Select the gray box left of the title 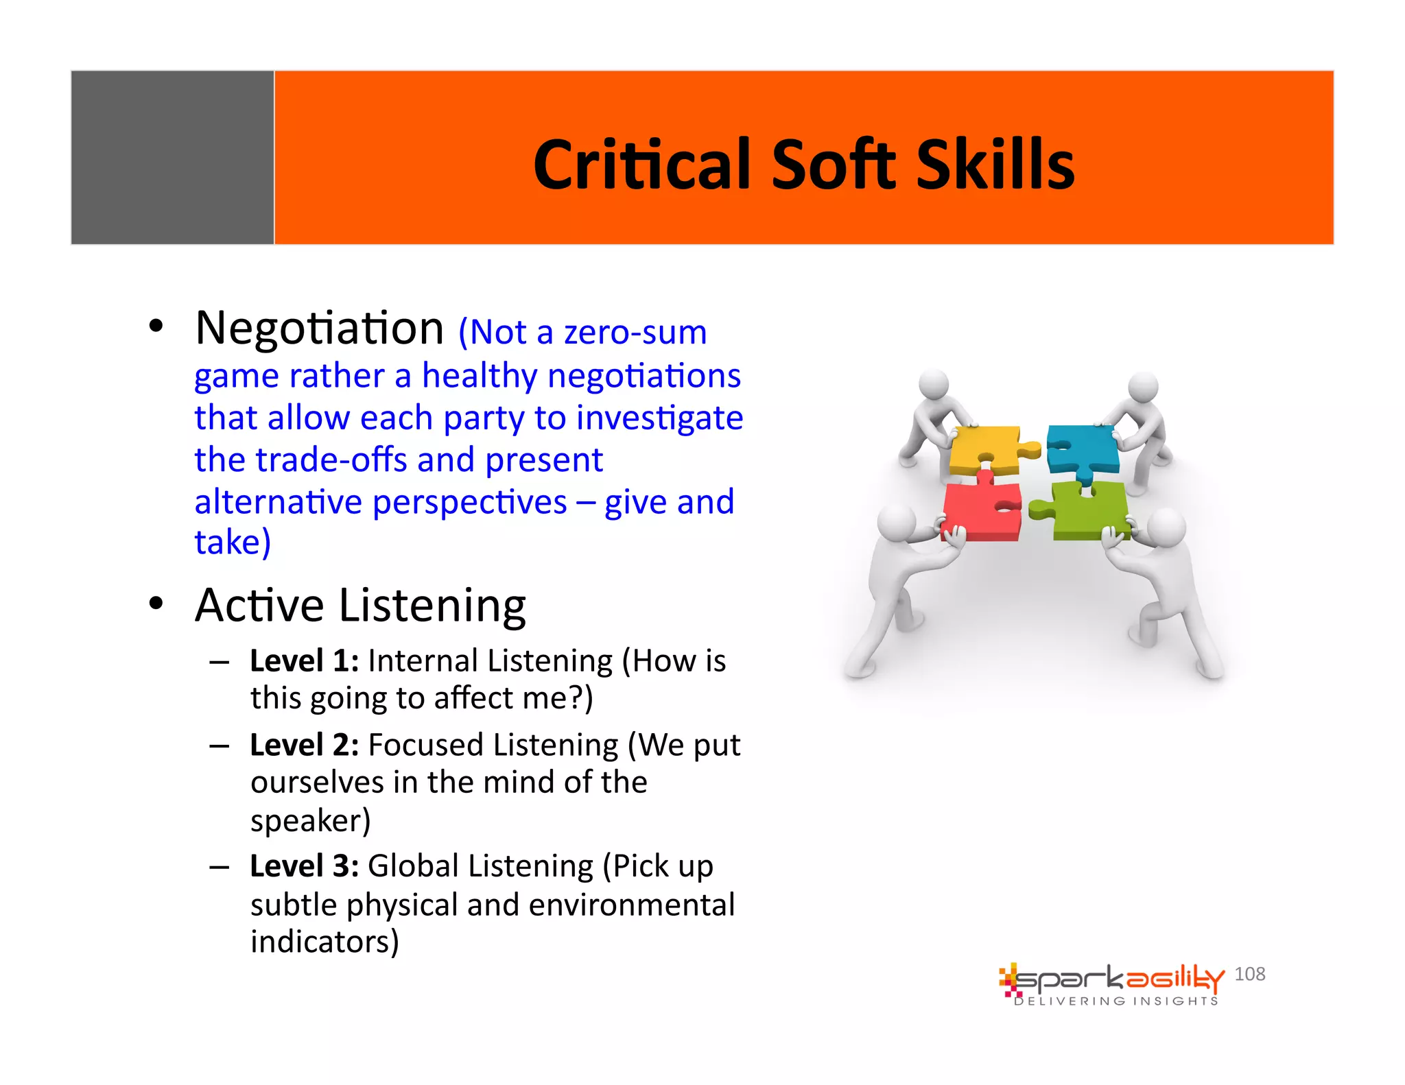pyautogui.click(x=172, y=157)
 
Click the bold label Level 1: pyautogui.click(x=304, y=661)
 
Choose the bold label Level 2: pyautogui.click(x=304, y=745)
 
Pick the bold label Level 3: pyautogui.click(x=304, y=866)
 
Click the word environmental pyautogui.click(x=631, y=905)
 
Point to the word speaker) pyautogui.click(x=310, y=820)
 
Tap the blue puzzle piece pyautogui.click(x=1083, y=447)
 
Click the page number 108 pyautogui.click(x=1249, y=974)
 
